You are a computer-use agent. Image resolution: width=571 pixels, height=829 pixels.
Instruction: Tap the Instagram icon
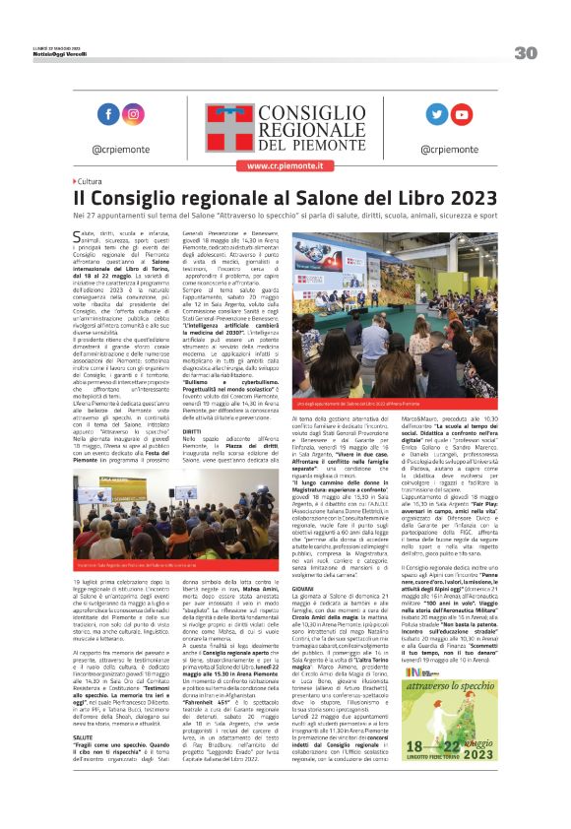(x=132, y=114)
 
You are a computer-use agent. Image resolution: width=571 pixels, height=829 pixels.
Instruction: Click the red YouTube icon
(x=461, y=114)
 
